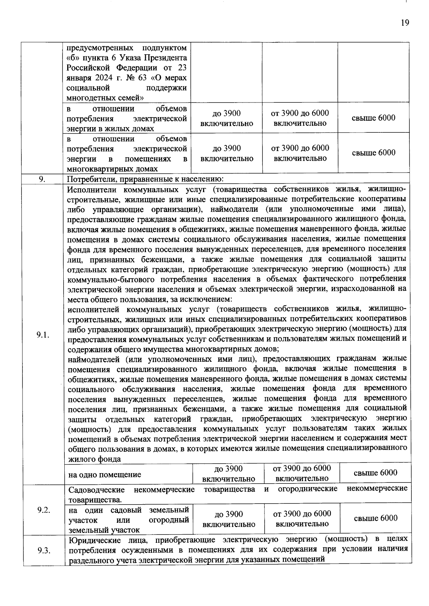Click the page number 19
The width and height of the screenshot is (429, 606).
point(405,23)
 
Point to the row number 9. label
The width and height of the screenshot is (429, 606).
point(42,179)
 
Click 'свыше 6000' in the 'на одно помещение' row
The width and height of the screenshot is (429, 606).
point(375,473)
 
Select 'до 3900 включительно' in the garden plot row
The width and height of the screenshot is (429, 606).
point(228,519)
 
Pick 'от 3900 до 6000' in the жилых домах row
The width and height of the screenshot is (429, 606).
point(300,113)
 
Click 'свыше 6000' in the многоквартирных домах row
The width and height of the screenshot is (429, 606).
point(374,153)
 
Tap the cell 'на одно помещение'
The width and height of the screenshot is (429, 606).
point(105,475)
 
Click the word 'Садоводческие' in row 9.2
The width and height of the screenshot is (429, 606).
point(96,489)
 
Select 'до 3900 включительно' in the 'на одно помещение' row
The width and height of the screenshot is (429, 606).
point(228,474)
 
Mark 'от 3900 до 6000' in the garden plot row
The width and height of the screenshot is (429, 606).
point(302,514)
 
